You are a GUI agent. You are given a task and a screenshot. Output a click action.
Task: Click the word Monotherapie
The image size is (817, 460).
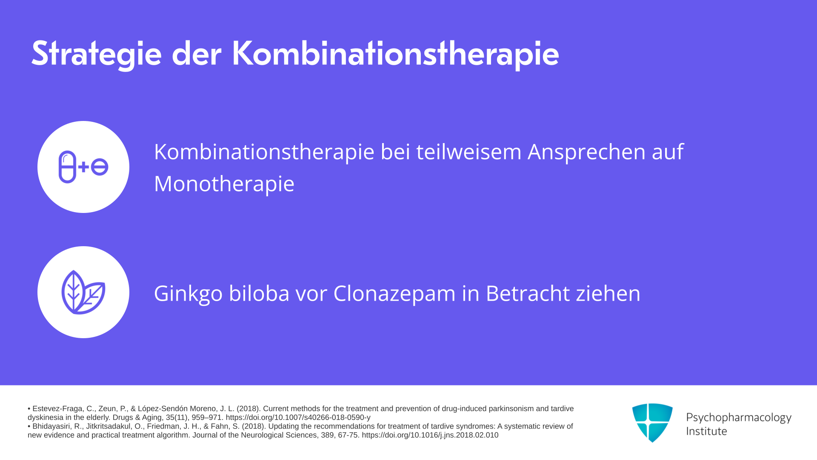coord(224,184)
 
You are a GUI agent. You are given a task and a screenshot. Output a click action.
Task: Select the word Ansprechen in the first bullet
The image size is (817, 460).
coord(587,152)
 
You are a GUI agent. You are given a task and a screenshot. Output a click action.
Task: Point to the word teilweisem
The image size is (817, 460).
coord(469,152)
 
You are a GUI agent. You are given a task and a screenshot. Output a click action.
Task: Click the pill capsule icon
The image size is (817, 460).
coord(67,167)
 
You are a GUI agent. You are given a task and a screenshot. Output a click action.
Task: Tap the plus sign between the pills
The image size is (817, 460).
coord(84,167)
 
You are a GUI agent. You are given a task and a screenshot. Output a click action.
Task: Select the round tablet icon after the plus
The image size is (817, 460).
coord(100,167)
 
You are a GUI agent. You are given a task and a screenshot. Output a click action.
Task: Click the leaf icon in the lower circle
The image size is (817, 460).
coord(83,293)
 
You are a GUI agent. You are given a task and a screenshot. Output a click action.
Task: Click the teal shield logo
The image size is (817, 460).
coord(652,423)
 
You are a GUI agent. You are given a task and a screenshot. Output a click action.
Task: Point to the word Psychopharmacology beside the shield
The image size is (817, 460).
coord(739,418)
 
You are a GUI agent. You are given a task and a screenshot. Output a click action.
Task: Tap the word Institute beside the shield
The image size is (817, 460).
coord(706,431)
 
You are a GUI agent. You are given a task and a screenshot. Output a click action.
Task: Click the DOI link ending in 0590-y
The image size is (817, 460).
coord(298,418)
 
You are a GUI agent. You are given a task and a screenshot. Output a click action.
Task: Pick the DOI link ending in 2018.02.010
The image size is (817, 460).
coord(430,435)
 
